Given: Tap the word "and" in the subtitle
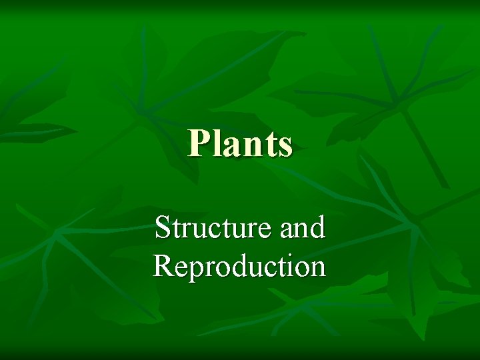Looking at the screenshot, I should point(302,228).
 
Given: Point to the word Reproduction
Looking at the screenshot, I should point(239,267).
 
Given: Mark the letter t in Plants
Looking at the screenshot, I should point(268,143).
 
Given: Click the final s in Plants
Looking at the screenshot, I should point(283,145).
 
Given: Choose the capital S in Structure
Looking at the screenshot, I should point(162,228).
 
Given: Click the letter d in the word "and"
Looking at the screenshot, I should point(317,228).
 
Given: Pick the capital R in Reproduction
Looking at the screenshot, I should point(163,266).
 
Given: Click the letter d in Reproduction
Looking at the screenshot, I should point(235,266).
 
